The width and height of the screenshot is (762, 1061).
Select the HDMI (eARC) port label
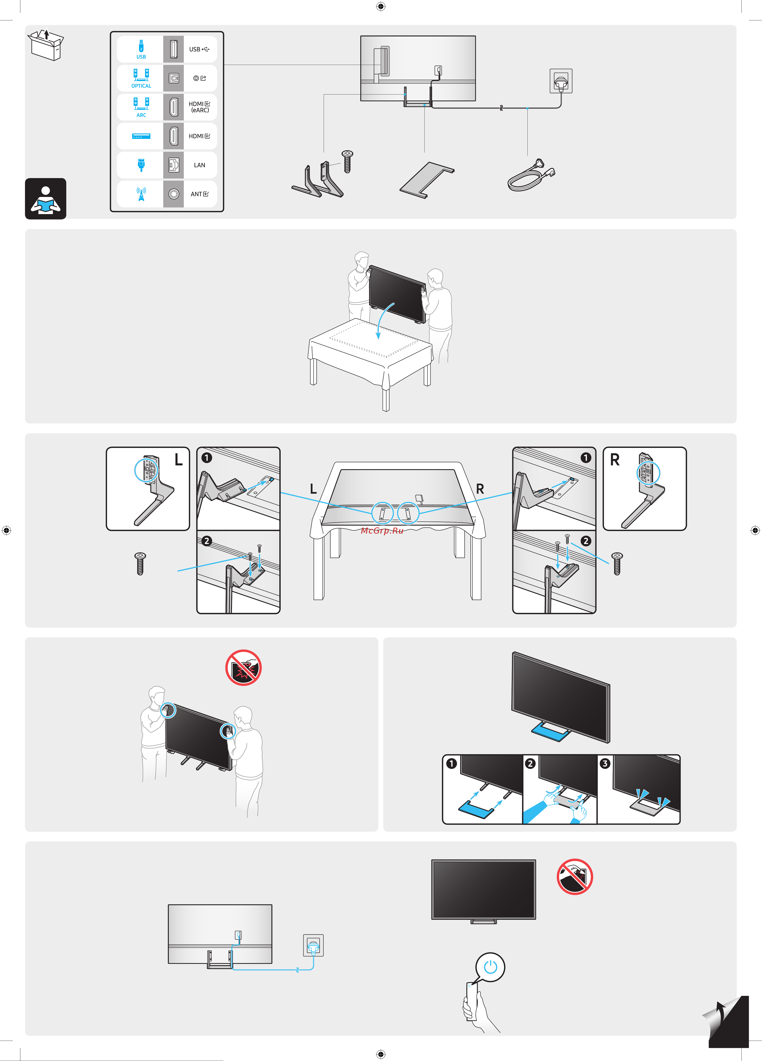[x=199, y=107]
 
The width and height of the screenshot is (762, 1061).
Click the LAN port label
[x=199, y=165]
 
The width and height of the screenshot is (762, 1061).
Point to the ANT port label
[x=199, y=194]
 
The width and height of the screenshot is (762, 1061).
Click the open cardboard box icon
[x=46, y=45]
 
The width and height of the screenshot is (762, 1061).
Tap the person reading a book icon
[x=45, y=199]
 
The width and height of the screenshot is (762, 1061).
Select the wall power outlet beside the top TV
[x=561, y=81]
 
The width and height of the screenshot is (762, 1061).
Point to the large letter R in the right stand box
[x=615, y=460]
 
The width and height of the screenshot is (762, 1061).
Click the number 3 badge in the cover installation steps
[x=605, y=764]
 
